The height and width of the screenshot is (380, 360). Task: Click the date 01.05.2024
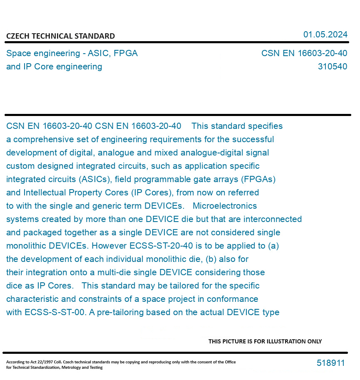325,35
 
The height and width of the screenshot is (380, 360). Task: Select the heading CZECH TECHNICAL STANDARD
60,36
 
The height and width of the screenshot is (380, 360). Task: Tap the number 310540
332,67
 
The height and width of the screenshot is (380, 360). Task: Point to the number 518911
330,363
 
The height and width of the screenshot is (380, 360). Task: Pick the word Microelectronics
225,206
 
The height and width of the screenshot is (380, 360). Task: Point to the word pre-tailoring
116,312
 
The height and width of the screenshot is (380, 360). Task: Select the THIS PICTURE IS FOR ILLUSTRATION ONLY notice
265,341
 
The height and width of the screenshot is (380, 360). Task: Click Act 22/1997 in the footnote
37,362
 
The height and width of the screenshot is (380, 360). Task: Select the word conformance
234,299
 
